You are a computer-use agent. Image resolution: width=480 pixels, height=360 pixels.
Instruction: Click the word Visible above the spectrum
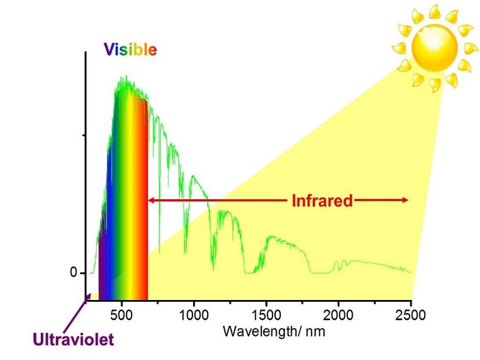[130, 50]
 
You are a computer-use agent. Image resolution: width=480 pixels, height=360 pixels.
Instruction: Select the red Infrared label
[322, 200]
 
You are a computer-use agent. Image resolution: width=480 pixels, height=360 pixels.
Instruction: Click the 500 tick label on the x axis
[122, 316]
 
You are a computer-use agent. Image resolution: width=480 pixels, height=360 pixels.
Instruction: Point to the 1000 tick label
[193, 316]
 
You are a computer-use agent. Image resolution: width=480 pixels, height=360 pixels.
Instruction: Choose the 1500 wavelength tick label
[266, 316]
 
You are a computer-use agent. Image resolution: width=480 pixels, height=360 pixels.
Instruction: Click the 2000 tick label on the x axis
[338, 316]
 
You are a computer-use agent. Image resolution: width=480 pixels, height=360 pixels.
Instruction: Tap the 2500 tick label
[410, 316]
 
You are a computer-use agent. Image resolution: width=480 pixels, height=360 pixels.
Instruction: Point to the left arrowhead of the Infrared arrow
[151, 200]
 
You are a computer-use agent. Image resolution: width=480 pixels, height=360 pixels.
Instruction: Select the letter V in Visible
[109, 50]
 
